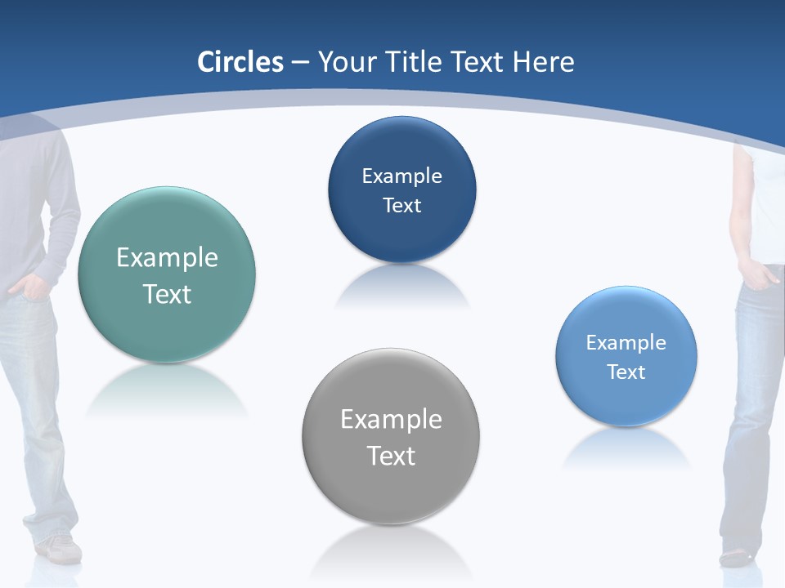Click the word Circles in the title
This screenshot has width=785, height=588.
[240, 62]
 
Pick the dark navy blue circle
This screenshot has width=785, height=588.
[401, 237]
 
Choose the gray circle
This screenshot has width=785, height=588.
[390, 490]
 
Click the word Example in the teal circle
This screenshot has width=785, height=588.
[167, 258]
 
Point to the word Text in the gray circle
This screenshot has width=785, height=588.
[391, 456]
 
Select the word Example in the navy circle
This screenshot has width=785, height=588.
[401, 176]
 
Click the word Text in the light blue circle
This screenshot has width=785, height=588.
[626, 372]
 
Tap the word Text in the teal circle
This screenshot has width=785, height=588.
[167, 294]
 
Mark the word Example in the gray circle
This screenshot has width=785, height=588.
[391, 420]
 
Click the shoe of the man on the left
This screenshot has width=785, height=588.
[60, 549]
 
